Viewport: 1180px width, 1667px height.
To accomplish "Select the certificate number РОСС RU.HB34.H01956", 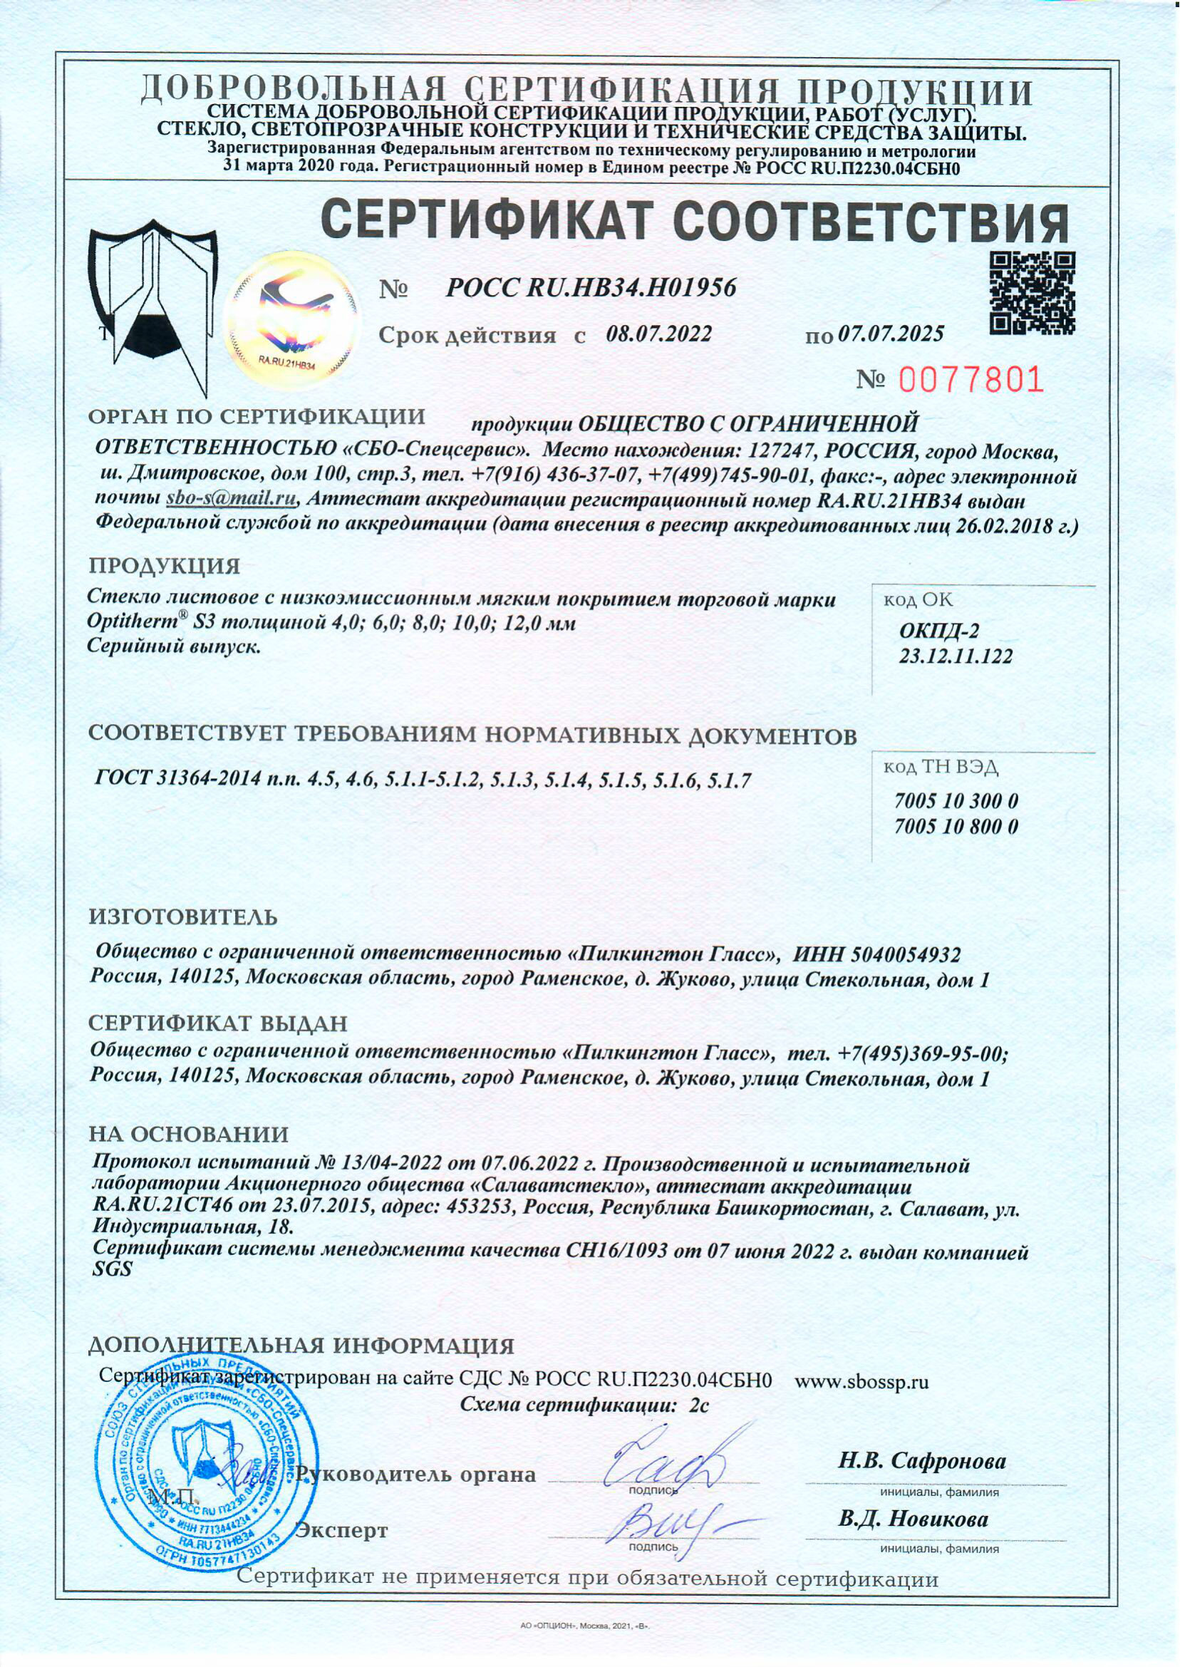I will (590, 289).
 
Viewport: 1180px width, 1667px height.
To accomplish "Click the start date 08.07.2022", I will (658, 335).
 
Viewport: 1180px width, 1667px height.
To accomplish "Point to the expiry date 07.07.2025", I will (891, 334).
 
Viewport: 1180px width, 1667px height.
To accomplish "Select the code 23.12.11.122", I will (956, 657).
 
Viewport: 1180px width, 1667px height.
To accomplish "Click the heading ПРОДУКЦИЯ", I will (164, 566).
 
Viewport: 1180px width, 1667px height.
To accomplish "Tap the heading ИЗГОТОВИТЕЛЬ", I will (183, 917).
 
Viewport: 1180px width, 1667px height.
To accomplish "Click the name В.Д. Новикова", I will (914, 1519).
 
